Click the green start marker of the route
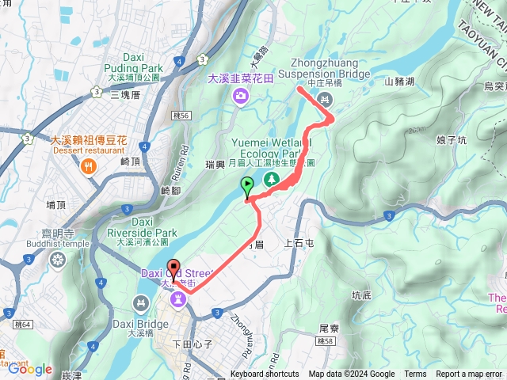247,187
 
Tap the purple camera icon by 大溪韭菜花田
241,96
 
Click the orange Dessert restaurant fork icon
87,166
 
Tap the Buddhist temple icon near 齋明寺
57,260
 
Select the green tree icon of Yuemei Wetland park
272,179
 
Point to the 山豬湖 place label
400,81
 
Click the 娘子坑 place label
452,139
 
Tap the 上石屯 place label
299,244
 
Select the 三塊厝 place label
125,94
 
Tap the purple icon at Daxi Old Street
178,299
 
